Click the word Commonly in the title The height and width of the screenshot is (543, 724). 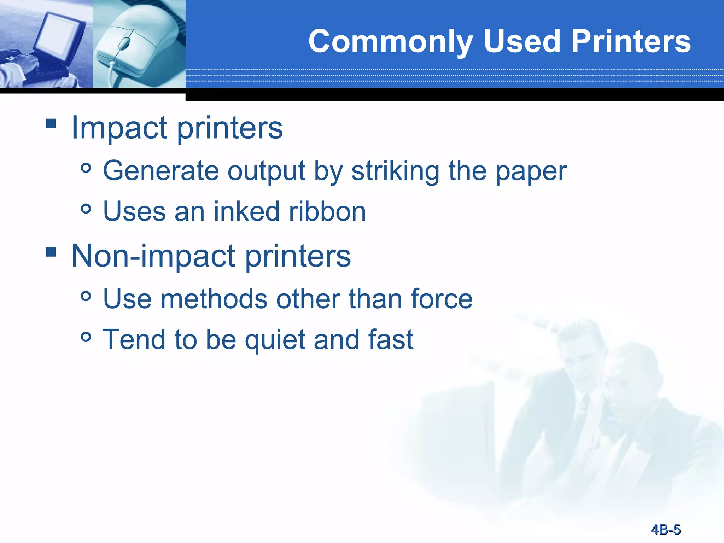tap(390, 42)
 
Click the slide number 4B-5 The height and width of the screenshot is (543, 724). tap(666, 530)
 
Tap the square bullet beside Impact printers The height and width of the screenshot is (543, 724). tap(51, 123)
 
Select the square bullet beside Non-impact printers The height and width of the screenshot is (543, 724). tap(51, 252)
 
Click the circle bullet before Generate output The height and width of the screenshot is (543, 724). tap(86, 168)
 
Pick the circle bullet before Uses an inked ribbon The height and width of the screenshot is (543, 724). tap(86, 209)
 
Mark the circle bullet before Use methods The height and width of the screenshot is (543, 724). tap(86, 296)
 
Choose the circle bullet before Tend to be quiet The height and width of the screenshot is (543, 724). tap(86, 337)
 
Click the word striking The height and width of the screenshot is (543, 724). tap(395, 171)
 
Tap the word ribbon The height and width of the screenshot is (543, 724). tap(327, 211)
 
